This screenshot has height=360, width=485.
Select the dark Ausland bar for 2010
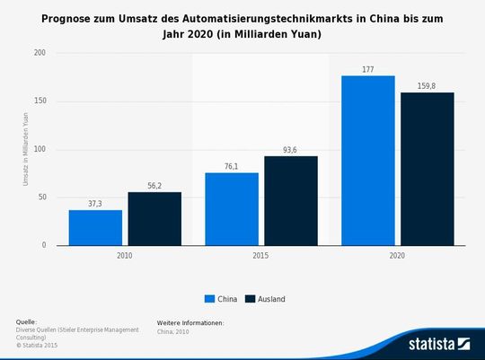(x=154, y=218)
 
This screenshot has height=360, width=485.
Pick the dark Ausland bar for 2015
(x=290, y=200)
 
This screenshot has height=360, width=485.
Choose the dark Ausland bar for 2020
(x=427, y=168)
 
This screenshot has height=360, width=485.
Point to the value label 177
(x=367, y=68)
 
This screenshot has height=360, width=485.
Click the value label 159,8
(x=427, y=85)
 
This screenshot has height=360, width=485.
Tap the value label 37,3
(x=95, y=203)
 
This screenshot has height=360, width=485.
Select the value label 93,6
(x=290, y=149)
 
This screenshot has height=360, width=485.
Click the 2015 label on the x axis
(x=260, y=255)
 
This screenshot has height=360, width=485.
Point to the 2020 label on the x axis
(x=397, y=255)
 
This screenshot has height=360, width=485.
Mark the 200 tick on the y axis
(x=40, y=53)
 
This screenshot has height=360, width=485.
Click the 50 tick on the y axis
(x=41, y=198)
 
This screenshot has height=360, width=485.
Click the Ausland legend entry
(x=268, y=299)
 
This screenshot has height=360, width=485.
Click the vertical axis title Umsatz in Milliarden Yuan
(x=25, y=149)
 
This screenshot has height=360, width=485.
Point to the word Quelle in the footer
(x=26, y=321)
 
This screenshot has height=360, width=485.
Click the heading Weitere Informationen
(x=190, y=321)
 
